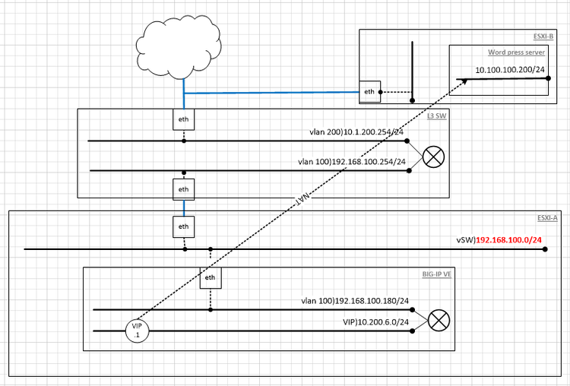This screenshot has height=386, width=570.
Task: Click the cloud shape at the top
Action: pos(182,43)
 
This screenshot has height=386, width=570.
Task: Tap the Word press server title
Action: pos(517,53)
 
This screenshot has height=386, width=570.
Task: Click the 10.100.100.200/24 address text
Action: pos(510,70)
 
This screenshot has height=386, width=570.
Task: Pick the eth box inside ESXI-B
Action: pos(370,93)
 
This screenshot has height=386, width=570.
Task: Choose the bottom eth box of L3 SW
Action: pos(183,188)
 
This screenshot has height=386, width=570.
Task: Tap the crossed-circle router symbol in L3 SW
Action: pos(432,157)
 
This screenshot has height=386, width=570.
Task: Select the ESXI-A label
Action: pos(546,217)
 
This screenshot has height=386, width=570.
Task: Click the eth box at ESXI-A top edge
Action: pos(183,226)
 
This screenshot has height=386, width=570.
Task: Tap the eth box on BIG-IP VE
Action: pos(211,277)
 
